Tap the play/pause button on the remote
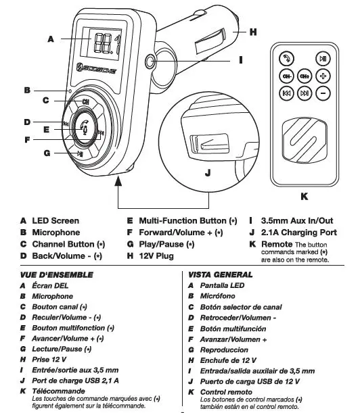pyautogui.click(x=323, y=59)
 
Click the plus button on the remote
pyautogui.click(x=323, y=76)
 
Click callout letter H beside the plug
pyautogui.click(x=252, y=32)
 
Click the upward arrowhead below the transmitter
pyautogui.click(x=118, y=179)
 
